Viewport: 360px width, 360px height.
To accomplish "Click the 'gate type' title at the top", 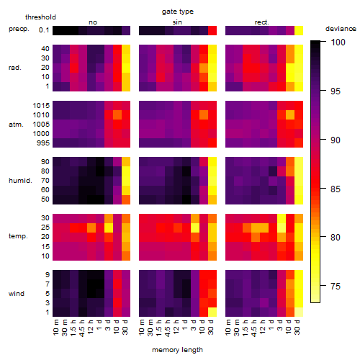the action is click(x=178, y=12).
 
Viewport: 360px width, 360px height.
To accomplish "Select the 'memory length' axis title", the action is click(x=177, y=350).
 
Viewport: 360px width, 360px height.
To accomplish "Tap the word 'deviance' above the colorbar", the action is click(x=341, y=29).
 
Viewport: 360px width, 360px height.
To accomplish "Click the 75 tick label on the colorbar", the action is click(x=336, y=286).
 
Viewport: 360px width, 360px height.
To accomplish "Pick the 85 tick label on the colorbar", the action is click(x=336, y=189).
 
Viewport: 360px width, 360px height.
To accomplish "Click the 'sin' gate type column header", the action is click(x=177, y=22).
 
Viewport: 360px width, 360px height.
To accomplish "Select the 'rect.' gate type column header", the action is click(x=262, y=22).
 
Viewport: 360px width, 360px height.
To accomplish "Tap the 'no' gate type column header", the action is click(x=93, y=22).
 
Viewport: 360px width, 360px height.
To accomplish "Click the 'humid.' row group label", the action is click(x=20, y=181).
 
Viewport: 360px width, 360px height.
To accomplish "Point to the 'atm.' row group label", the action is click(x=16, y=125).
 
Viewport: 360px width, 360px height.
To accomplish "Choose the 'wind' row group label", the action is click(x=17, y=294).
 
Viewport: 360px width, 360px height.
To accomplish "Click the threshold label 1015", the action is click(x=41, y=106).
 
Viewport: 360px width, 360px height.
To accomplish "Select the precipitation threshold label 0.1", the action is click(x=44, y=30).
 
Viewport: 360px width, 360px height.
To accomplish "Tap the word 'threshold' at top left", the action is click(x=40, y=17).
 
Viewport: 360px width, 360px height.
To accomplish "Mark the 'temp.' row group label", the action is click(x=18, y=236).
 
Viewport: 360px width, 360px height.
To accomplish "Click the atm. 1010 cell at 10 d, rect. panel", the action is click(x=290, y=115).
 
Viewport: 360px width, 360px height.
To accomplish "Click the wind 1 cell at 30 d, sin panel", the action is click(x=212, y=312).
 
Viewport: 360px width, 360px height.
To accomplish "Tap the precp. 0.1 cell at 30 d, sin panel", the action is click(x=212, y=31).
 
